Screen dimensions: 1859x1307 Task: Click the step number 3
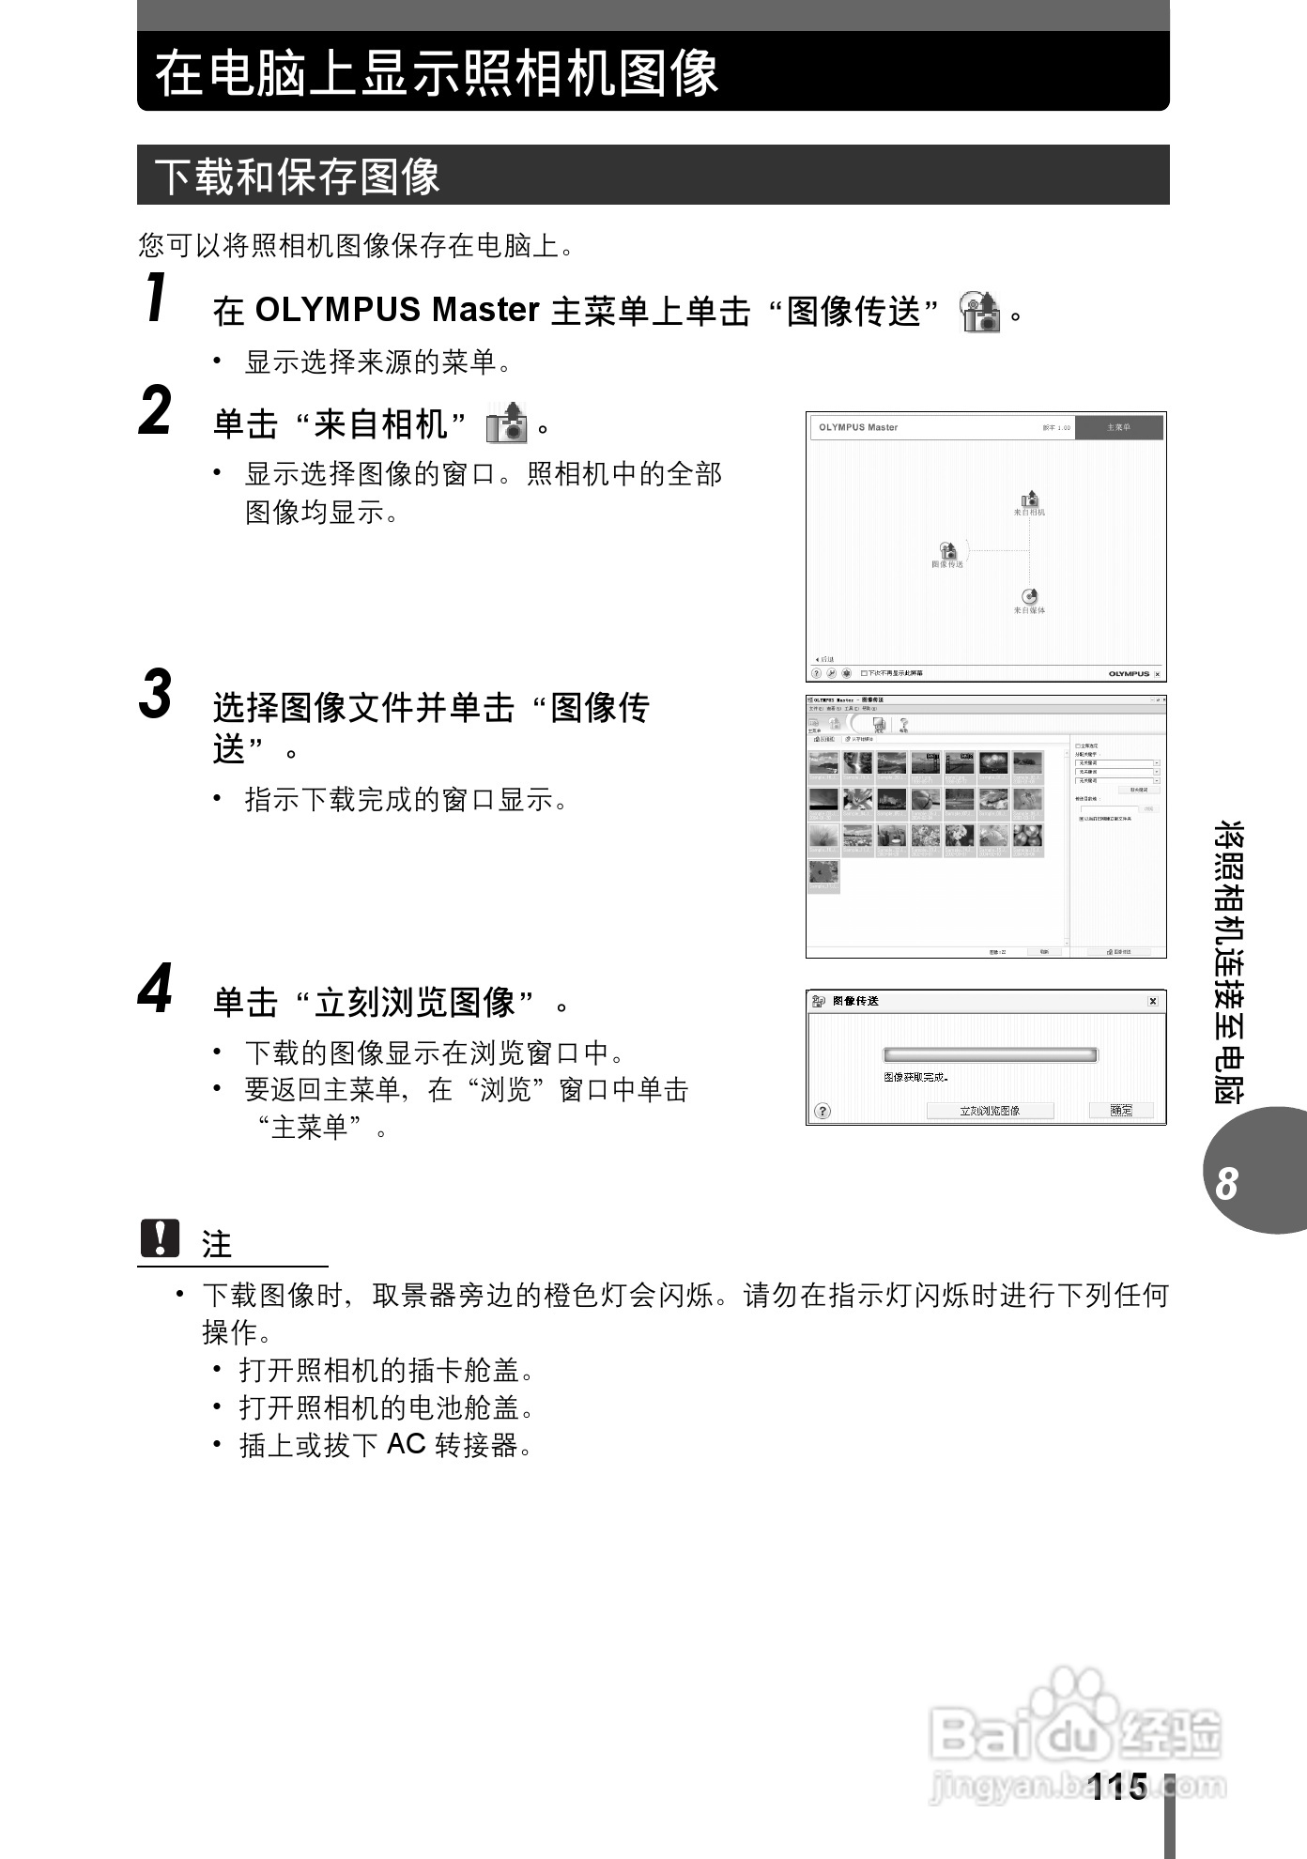tap(156, 694)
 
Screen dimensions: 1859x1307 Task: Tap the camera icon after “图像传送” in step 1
tap(979, 312)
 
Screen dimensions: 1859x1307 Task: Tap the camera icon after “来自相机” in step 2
tap(506, 423)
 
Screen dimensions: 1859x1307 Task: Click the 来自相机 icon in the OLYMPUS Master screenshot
tap(1029, 500)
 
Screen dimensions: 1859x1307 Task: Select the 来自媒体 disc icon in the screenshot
tap(1029, 597)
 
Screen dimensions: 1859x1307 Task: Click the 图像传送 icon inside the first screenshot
tap(947, 551)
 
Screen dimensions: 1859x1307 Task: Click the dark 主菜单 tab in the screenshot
tap(1118, 428)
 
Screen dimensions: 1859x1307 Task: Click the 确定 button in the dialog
tap(1120, 1110)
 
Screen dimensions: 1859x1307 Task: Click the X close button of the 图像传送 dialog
tap(1153, 1001)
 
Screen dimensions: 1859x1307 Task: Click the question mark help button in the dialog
tap(823, 1111)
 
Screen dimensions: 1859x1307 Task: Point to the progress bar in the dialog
tap(990, 1055)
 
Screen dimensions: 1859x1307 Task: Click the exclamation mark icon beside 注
tap(160, 1238)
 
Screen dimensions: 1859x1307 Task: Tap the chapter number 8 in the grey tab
tap(1226, 1183)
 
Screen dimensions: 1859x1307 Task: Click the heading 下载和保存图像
tap(297, 177)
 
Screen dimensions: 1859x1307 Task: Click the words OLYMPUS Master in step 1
tap(397, 310)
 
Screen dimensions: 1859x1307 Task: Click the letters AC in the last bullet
tap(406, 1443)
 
